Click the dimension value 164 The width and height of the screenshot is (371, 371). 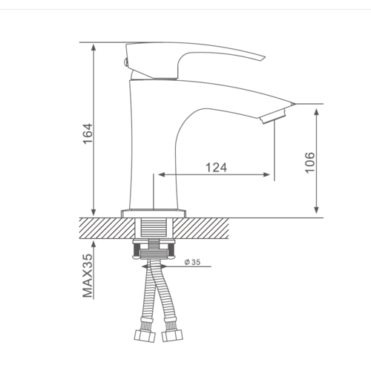click(x=88, y=134)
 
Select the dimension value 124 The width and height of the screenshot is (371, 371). click(x=217, y=168)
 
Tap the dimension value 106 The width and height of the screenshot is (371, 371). click(x=309, y=162)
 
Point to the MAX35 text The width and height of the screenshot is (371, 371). click(x=88, y=275)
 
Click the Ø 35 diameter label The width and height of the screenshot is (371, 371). click(x=192, y=262)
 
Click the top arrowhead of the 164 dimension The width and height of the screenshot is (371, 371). click(x=93, y=47)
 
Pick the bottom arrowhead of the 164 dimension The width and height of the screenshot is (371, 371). click(x=93, y=212)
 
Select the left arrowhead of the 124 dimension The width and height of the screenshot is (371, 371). click(x=162, y=175)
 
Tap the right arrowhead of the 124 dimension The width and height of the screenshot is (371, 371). click(x=266, y=175)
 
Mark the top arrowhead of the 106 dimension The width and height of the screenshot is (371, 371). click(x=316, y=112)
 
